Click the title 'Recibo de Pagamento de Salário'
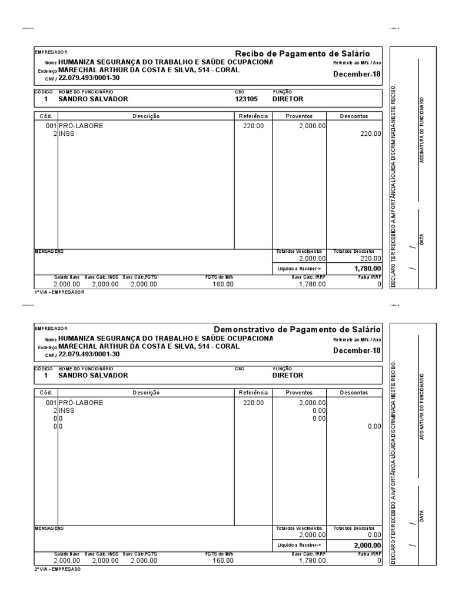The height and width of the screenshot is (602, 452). pyautogui.click(x=308, y=53)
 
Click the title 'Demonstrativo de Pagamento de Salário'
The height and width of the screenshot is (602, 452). pyautogui.click(x=297, y=330)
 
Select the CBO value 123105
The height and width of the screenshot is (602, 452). pyautogui.click(x=246, y=99)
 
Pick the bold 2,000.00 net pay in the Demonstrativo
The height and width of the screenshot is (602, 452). pyautogui.click(x=365, y=545)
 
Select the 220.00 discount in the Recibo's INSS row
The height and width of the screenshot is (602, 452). pyautogui.click(x=371, y=134)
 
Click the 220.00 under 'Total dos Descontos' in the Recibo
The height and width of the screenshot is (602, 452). pyautogui.click(x=371, y=258)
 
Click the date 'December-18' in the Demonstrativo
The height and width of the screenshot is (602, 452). pyautogui.click(x=357, y=351)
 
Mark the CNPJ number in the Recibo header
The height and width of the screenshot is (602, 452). pyautogui.click(x=89, y=78)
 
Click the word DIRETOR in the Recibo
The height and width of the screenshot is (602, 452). pyautogui.click(x=288, y=99)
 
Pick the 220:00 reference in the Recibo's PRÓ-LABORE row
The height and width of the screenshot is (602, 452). pyautogui.click(x=254, y=126)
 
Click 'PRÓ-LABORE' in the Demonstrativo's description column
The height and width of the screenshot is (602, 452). pyautogui.click(x=81, y=403)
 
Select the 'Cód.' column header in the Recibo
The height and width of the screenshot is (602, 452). pyautogui.click(x=46, y=116)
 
